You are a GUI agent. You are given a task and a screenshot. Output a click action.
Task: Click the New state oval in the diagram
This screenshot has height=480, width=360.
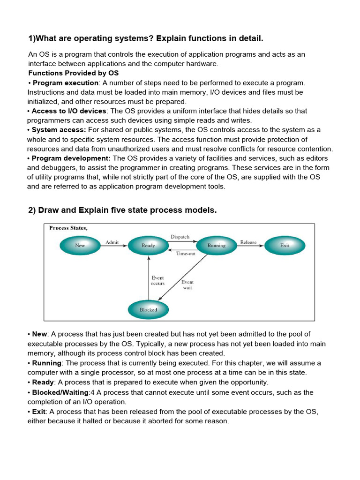point(80,245)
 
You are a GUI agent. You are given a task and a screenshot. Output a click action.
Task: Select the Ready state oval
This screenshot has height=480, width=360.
point(148,245)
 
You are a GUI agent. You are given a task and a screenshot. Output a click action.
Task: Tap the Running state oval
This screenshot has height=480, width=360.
point(216,245)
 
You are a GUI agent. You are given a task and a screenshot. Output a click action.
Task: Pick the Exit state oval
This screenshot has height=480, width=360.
point(285,245)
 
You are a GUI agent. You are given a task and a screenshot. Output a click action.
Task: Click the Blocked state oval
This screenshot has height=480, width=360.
point(148,309)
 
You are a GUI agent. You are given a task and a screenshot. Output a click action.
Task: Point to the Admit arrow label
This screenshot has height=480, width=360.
point(112,242)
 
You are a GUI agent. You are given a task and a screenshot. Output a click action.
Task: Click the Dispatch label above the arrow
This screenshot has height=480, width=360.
point(180,237)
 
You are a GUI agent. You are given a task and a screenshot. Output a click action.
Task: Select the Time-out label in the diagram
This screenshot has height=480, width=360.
point(185,254)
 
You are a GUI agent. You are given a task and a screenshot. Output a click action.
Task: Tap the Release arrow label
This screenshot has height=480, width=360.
point(248,242)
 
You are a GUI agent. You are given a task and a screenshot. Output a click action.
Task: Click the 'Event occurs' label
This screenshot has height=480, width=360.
point(157,280)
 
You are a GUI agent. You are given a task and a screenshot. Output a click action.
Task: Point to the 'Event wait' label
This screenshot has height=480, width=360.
point(187,285)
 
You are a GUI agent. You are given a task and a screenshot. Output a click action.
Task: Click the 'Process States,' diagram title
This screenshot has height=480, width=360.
point(68,228)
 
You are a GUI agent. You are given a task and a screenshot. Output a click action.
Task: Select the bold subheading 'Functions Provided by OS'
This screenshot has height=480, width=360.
point(74,73)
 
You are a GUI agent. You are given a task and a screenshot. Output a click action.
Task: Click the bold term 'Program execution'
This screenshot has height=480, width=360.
point(65,83)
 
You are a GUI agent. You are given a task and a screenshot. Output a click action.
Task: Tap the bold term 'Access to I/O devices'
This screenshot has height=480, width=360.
point(69,111)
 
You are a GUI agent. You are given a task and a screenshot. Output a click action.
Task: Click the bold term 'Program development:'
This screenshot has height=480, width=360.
point(71,158)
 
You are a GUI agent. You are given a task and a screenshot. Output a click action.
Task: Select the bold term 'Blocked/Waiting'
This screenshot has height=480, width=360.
point(60,392)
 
